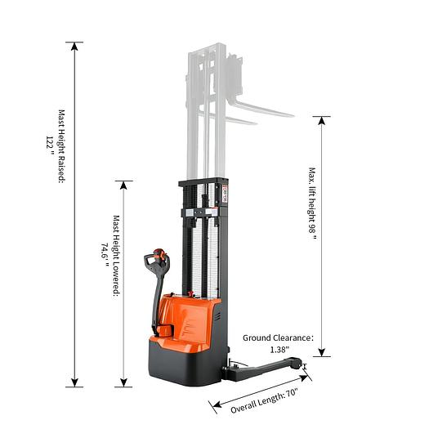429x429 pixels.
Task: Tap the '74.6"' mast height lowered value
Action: point(105,255)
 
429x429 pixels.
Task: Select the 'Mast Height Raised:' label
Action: point(62,146)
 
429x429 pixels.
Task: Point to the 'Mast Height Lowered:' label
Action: point(117,257)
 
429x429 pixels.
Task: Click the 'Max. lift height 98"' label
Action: point(312,203)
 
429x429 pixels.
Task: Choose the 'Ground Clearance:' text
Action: point(278,338)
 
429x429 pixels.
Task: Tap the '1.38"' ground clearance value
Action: point(279,350)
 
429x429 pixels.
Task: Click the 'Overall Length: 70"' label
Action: point(264,401)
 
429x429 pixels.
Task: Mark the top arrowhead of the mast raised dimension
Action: point(74,46)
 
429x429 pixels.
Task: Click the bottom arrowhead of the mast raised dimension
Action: point(74,382)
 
